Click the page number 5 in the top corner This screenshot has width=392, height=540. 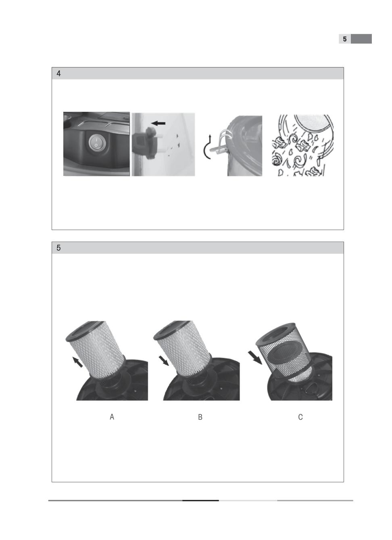tap(344, 39)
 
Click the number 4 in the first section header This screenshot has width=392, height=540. tap(58, 73)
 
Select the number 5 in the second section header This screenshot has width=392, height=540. tap(58, 248)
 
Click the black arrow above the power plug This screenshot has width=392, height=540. tap(158, 123)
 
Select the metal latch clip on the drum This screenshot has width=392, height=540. tap(221, 144)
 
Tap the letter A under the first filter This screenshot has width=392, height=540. tap(112, 417)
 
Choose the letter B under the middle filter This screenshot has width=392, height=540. tap(200, 417)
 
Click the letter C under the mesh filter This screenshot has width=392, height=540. tap(300, 417)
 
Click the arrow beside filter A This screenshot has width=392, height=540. tap(77, 362)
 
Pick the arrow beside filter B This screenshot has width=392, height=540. tap(164, 361)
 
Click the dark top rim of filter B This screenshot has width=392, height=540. tap(173, 330)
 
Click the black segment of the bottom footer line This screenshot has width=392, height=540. tap(200, 500)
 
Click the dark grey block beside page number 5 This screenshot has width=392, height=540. tap(361, 39)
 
